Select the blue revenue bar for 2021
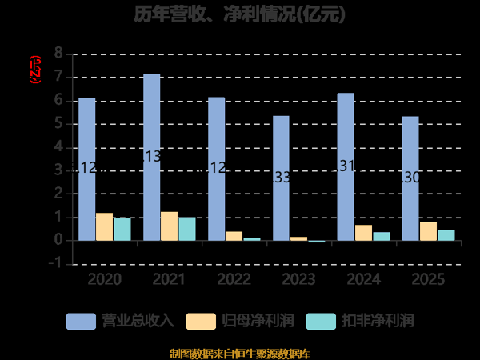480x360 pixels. click(x=151, y=157)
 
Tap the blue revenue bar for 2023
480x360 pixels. click(x=281, y=178)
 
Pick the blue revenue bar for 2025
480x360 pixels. click(x=410, y=178)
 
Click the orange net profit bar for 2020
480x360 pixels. click(x=104, y=226)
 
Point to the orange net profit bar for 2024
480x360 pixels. click(x=363, y=232)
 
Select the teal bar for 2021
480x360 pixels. click(x=186, y=229)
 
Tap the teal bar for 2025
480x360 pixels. click(x=446, y=234)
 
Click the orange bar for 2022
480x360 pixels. click(x=234, y=236)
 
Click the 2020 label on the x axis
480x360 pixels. click(x=104, y=279)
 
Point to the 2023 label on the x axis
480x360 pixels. click(x=298, y=279)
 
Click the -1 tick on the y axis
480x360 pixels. click(x=54, y=263)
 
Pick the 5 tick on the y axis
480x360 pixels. click(x=58, y=124)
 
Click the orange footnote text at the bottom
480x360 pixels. click(x=240, y=353)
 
